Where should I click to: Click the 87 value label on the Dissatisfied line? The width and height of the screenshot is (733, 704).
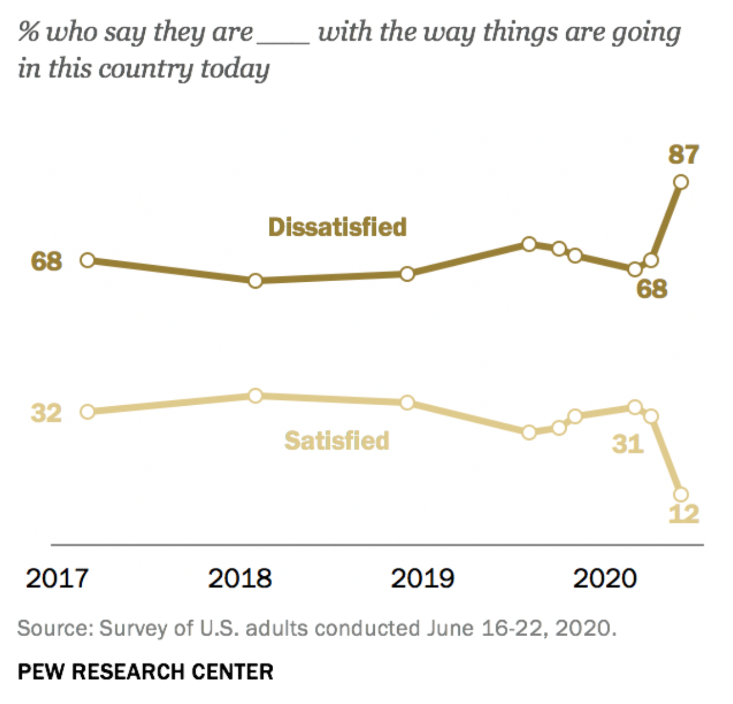[684, 155]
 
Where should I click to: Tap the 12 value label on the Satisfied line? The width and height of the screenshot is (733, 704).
[684, 514]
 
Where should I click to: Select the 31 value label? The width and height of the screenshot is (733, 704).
[627, 444]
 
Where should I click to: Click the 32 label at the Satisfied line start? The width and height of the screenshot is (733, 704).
[46, 413]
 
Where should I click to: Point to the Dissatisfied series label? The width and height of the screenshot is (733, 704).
[338, 227]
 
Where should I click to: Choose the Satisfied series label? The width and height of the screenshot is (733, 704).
[337, 441]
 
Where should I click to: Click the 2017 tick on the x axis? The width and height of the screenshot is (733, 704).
[57, 579]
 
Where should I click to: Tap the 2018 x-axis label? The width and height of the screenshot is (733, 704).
[239, 579]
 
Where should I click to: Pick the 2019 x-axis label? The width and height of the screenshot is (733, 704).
[422, 579]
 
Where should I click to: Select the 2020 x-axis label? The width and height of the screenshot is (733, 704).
[605, 579]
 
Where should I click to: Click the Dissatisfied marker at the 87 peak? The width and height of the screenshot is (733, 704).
[681, 182]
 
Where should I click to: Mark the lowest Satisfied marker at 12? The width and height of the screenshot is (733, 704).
[681, 494]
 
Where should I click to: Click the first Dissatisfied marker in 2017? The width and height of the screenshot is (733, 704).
[87, 260]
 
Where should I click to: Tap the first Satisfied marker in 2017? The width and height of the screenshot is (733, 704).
[87, 412]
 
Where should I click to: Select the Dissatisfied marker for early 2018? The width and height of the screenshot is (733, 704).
[255, 281]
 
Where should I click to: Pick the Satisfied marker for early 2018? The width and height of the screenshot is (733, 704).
[255, 396]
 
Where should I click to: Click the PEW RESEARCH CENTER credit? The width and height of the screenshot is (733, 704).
[145, 672]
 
